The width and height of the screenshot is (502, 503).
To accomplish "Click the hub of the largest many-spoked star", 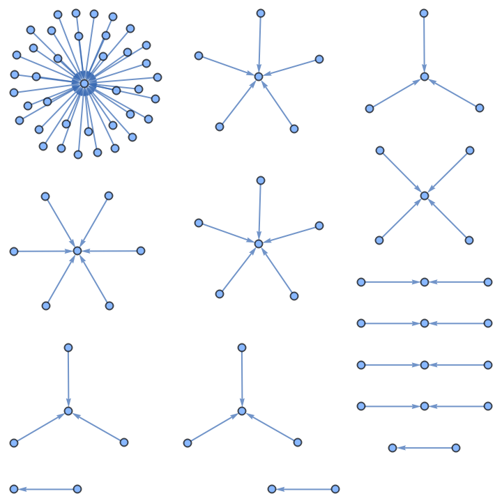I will click(84, 84).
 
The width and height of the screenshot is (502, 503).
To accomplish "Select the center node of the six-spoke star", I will click(77, 251).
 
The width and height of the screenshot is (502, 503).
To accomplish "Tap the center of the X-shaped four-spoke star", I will click(425, 196).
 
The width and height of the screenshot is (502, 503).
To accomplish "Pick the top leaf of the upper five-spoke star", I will click(261, 13).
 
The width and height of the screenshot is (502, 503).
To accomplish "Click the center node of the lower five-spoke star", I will click(259, 244).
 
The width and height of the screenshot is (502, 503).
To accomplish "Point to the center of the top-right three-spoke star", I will click(425, 77).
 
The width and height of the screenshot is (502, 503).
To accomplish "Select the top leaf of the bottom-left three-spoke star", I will click(68, 348).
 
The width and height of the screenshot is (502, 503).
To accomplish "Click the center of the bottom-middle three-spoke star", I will click(242, 411).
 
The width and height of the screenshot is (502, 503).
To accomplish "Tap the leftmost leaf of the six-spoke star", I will click(14, 251).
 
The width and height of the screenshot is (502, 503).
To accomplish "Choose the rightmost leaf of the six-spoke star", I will click(141, 251).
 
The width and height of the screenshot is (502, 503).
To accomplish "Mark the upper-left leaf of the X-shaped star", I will click(380, 150).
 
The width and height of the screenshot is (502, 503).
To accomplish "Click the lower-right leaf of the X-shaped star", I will click(469, 240).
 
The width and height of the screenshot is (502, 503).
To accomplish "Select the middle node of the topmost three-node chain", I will click(425, 282).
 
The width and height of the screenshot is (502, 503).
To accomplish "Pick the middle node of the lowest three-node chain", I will click(425, 406).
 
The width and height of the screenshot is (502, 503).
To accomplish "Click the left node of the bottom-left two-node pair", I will click(14, 489).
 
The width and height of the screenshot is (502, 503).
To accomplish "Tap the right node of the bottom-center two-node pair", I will click(335, 489).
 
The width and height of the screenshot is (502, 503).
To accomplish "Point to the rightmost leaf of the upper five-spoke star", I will click(319, 59).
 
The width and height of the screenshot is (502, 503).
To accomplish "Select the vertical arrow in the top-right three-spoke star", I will click(424, 43).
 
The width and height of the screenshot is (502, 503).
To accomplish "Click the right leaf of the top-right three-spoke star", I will click(480, 108).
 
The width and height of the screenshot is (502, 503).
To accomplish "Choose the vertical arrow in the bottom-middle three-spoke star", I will click(242, 378).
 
